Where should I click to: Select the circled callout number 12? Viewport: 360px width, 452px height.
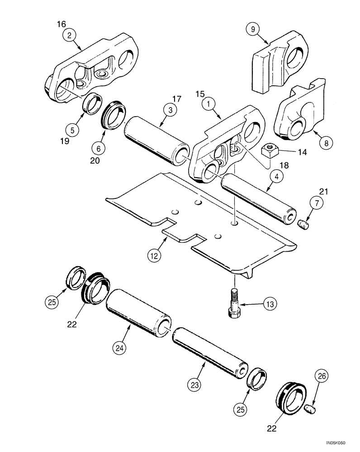pos(154,255)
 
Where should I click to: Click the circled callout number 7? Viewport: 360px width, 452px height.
pos(317,203)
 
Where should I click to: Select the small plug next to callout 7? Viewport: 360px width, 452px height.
pos(304,223)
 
